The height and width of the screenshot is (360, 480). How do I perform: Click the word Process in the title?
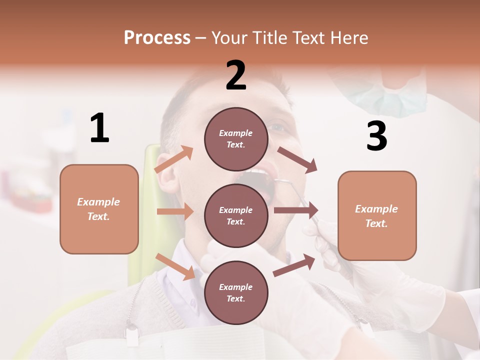157,38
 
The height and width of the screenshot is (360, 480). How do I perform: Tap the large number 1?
99,128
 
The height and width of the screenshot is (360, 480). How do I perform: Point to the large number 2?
236,75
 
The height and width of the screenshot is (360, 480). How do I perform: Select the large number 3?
376,136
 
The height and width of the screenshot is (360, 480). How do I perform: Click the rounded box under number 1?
99,209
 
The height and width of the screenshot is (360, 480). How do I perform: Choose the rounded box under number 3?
377,215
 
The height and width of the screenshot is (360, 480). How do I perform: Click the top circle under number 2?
236,139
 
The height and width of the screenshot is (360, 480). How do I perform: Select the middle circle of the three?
236,215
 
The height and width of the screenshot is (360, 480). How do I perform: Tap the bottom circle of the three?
236,292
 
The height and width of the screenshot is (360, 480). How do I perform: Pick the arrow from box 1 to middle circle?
175,211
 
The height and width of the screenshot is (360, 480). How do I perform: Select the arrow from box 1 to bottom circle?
175,266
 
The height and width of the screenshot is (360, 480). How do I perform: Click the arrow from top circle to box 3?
297,160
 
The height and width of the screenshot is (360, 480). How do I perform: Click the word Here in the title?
348,38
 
